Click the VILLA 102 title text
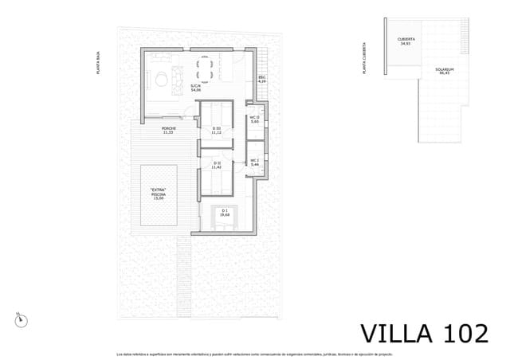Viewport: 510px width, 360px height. pos(424,332)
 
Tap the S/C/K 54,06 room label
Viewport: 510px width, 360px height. pos(195,88)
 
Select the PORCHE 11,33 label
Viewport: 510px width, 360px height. pos(169,130)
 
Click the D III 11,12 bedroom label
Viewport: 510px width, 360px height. pos(216,130)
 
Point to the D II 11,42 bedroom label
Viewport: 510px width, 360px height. pos(216,166)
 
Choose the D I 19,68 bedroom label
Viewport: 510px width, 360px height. pos(225,213)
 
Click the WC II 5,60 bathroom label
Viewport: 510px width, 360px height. pos(255,120)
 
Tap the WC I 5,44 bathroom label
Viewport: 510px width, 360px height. pos(255,162)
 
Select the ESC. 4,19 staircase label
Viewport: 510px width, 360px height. pos(261,80)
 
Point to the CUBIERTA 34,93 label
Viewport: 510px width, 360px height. pos(405,41)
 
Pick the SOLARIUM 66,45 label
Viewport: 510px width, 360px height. pos(445,71)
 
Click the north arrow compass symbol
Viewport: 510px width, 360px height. pos(21,320)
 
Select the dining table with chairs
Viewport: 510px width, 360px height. pos(205,65)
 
